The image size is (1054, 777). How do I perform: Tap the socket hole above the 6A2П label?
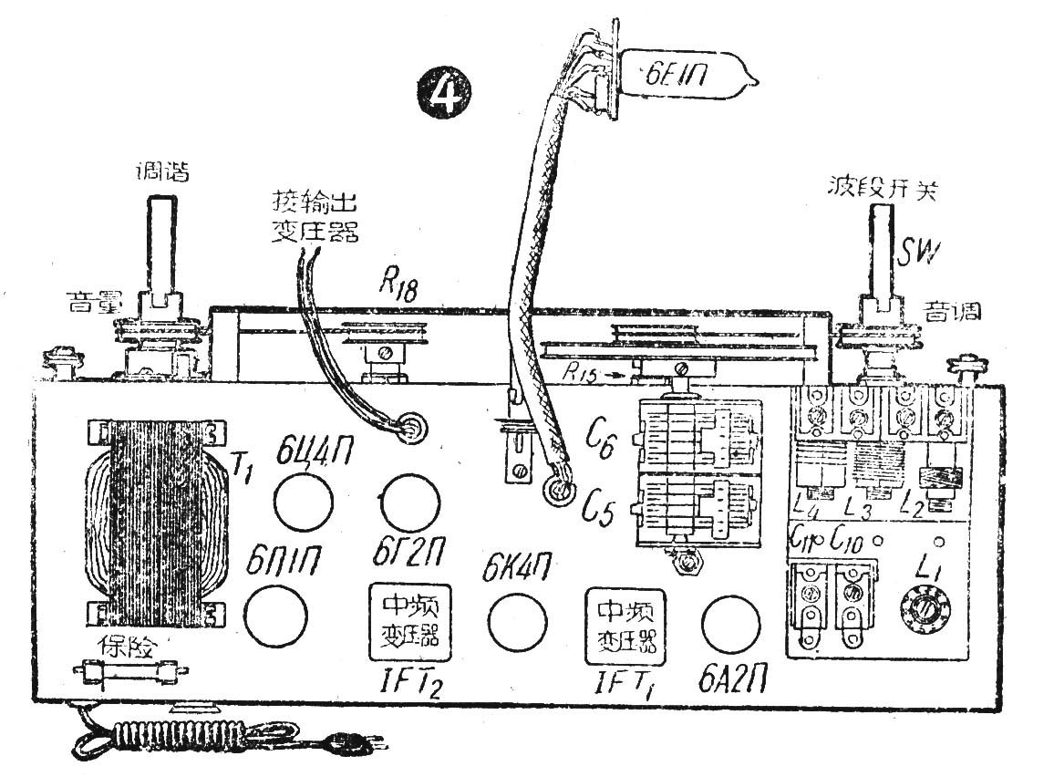click(729, 624)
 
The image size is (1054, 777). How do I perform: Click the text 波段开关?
click(877, 191)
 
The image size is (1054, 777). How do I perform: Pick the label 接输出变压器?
click(315, 215)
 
